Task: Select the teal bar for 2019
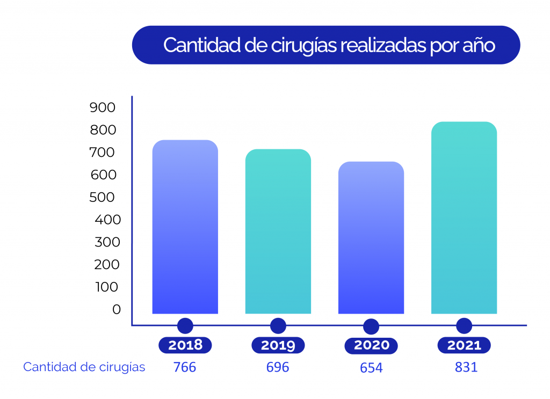click(278, 231)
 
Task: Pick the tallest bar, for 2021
click(464, 217)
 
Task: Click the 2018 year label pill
click(185, 345)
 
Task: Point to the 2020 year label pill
click(371, 345)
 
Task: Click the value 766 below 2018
click(185, 367)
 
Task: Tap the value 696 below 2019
click(278, 367)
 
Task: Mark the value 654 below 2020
click(371, 368)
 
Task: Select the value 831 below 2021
click(465, 367)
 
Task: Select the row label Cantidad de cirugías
click(84, 367)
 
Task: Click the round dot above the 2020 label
click(371, 327)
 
